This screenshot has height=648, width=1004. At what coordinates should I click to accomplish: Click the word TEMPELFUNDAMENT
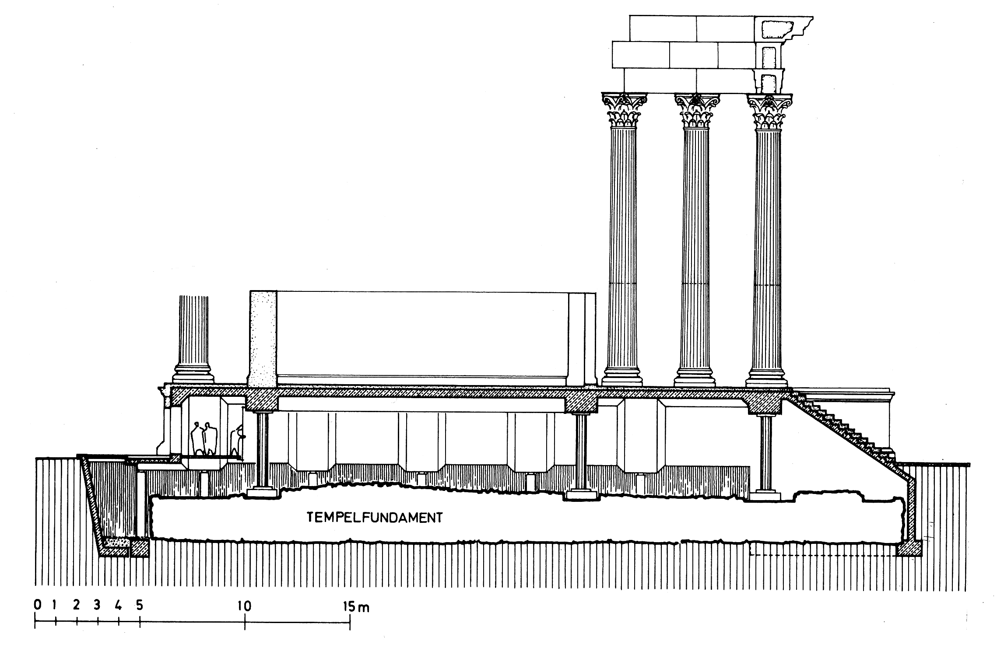[375, 518]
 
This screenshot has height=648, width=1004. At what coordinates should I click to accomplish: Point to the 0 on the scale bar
[38, 606]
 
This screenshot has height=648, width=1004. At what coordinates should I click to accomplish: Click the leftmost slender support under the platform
[263, 451]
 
